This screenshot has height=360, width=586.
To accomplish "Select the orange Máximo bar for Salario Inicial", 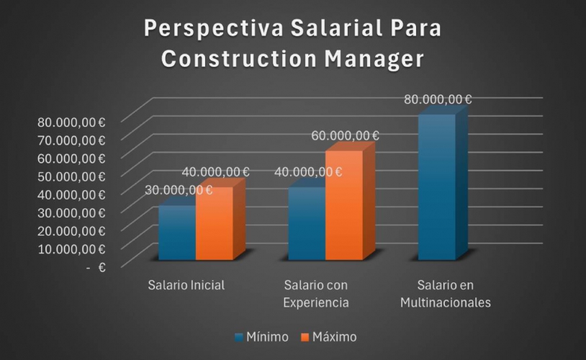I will coord(214,223).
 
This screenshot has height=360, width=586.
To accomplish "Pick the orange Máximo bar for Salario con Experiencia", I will coord(343,205).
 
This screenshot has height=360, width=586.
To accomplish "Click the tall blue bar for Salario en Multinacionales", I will coord(436,187).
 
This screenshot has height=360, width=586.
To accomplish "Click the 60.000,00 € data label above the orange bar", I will coord(346,135).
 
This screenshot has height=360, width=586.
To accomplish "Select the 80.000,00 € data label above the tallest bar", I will coord(438,99).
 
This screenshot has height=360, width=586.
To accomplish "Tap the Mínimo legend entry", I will coord(261,337).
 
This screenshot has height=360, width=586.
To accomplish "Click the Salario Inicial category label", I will coord(186,284).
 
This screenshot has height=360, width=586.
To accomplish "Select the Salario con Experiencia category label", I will coord(316,293).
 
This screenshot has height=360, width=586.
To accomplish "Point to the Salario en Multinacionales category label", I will coord(446,293).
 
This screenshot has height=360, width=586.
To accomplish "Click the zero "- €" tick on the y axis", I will coord(96,267).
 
